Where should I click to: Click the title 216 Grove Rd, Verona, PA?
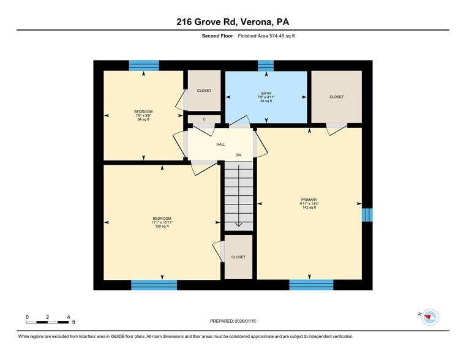[x=233, y=23]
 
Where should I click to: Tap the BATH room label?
[x=266, y=94]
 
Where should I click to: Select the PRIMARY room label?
[x=309, y=200]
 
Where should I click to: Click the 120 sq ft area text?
[x=162, y=226]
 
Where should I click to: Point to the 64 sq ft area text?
[x=143, y=119]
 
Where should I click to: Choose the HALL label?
[x=220, y=144]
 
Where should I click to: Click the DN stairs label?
[x=238, y=155]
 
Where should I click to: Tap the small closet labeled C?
[x=204, y=119]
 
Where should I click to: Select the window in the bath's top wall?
[x=266, y=66]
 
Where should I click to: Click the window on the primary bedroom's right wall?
[x=366, y=214]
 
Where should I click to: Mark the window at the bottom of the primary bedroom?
[x=311, y=285]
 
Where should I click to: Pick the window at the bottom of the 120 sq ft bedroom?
[x=154, y=285]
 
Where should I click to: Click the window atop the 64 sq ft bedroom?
[x=144, y=66]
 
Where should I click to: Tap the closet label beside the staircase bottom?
[x=238, y=257]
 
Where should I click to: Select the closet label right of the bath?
[x=336, y=97]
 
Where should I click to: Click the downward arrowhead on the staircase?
[x=238, y=224]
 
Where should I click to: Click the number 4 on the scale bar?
[x=68, y=317]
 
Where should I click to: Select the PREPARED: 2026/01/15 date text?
[x=233, y=321]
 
